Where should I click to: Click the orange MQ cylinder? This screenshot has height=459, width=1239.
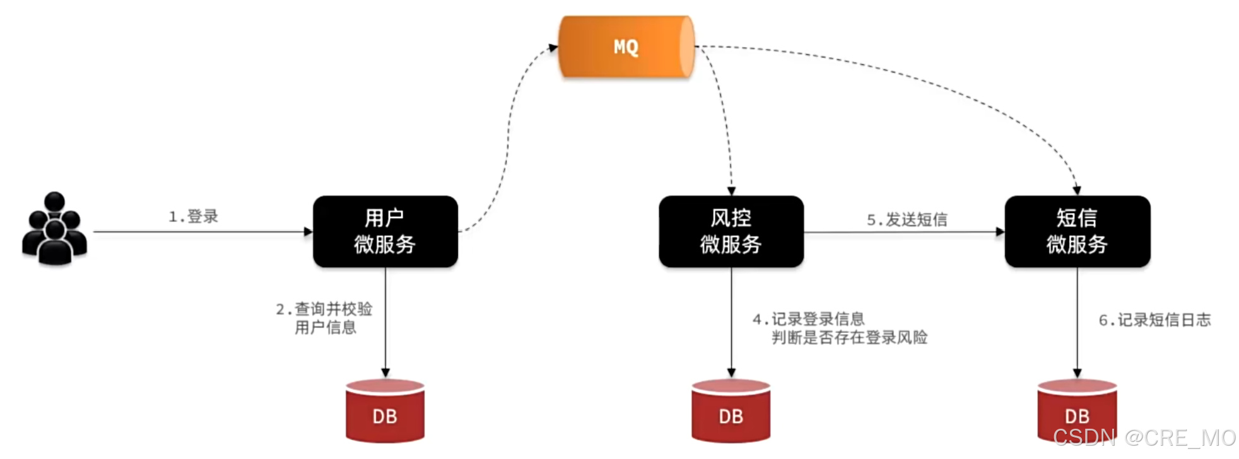tap(626, 47)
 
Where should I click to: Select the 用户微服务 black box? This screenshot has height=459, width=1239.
tap(385, 231)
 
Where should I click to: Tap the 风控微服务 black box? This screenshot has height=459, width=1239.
tap(731, 231)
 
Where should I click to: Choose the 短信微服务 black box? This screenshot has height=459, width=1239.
tap(1078, 231)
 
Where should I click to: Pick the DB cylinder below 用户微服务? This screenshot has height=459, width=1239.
tap(385, 410)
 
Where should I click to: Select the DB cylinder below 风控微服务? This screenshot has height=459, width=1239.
tap(731, 410)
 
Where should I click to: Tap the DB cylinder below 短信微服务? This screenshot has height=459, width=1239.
tap(1078, 410)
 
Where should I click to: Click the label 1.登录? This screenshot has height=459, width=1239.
tap(193, 216)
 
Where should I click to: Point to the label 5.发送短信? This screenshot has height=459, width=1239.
tap(907, 219)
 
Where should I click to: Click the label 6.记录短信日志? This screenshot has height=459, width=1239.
tap(1155, 320)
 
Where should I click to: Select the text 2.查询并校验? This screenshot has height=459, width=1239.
tap(324, 309)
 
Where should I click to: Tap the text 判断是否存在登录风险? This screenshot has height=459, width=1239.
tap(850, 337)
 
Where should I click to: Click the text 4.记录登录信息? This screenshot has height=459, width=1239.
tap(809, 319)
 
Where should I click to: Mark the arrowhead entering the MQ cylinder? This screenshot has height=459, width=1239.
tap(553, 47)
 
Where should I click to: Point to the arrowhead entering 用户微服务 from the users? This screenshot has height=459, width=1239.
tap(308, 231)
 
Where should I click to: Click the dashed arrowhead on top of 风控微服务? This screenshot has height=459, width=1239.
tap(731, 191)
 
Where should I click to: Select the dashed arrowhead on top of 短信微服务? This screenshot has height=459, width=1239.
tap(1077, 191)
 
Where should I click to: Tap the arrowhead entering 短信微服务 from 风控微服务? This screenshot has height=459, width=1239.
tap(1000, 231)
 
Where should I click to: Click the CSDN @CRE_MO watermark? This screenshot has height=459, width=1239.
tap(1144, 438)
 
